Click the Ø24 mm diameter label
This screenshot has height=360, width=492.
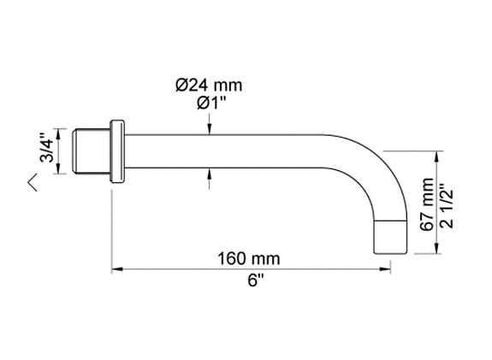tap(208, 85)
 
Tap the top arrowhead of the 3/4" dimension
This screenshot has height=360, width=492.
tap(60, 132)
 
